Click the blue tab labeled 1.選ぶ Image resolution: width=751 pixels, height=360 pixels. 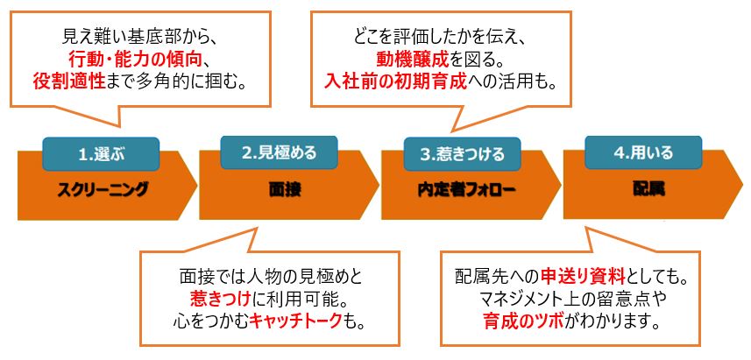coord(101,154)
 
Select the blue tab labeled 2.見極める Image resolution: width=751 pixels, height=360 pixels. coord(279,152)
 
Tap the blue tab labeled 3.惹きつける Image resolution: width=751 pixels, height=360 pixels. coord(463,154)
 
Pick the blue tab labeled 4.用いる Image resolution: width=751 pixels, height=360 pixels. coord(643,152)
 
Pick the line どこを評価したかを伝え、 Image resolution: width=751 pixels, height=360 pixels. coord(441,36)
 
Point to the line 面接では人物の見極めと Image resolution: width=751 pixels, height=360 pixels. coord(271,276)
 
